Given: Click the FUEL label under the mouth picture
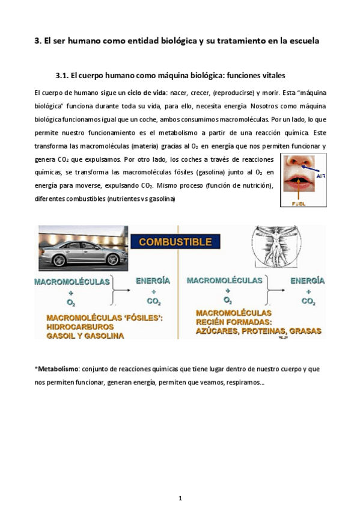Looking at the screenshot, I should click(x=299, y=203).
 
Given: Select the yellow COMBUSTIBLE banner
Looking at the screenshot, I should click(x=175, y=242).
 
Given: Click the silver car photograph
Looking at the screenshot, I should click(x=82, y=247).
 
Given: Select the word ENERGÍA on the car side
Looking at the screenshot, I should click(x=153, y=281).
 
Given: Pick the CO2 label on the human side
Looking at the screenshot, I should click(x=308, y=301).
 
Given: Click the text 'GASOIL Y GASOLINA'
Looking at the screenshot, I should click(x=85, y=336).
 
